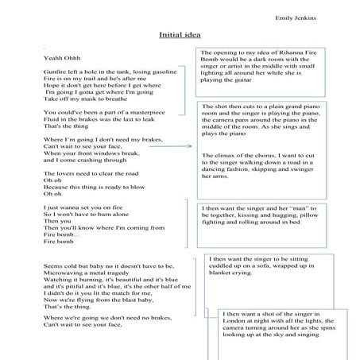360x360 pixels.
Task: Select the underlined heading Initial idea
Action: point(180,36)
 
